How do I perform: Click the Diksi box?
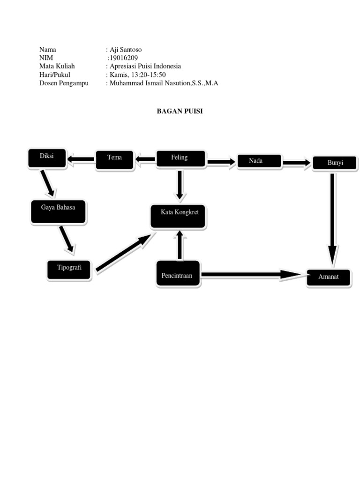tap(47, 158)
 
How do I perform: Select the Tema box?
tap(114, 159)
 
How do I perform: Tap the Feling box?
tap(180, 158)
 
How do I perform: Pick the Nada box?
tap(259, 161)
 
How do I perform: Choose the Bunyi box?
tap(335, 163)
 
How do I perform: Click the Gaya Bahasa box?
tap(58, 211)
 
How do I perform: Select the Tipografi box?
tap(69, 270)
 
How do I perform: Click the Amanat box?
tap(329, 277)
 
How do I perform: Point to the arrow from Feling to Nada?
tap(221, 162)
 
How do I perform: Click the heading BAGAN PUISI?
tap(180, 112)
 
